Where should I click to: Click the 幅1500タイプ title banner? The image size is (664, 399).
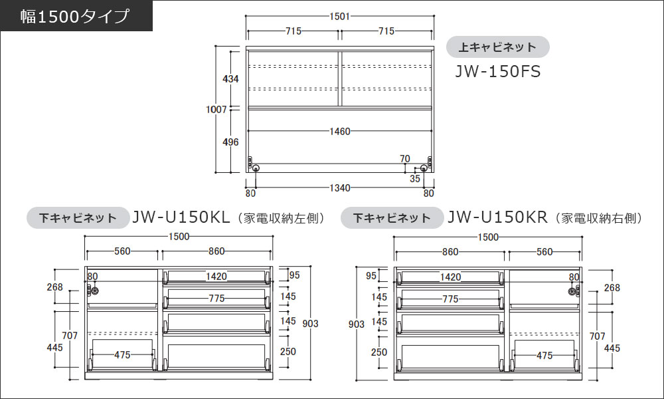[76, 16]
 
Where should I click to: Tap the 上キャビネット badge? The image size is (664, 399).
[497, 47]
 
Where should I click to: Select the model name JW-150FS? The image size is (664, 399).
[497, 71]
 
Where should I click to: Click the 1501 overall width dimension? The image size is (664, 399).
[339, 17]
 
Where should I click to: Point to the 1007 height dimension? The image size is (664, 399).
[217, 109]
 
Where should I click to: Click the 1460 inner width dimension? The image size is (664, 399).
[339, 132]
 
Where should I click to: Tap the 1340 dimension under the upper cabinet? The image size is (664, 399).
[339, 188]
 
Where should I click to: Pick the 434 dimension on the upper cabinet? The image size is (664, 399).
[230, 79]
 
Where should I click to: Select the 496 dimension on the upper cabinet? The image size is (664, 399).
[230, 142]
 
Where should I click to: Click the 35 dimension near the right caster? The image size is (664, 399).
[414, 178]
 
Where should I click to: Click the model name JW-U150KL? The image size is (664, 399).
[181, 217]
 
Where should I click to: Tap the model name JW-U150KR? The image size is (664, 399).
[497, 217]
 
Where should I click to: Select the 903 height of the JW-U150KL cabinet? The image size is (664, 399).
[309, 324]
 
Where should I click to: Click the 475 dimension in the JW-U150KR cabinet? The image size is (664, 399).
[544, 356]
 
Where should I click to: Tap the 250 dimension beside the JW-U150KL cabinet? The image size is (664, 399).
[288, 352]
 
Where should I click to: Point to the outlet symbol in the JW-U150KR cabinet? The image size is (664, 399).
[572, 291]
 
